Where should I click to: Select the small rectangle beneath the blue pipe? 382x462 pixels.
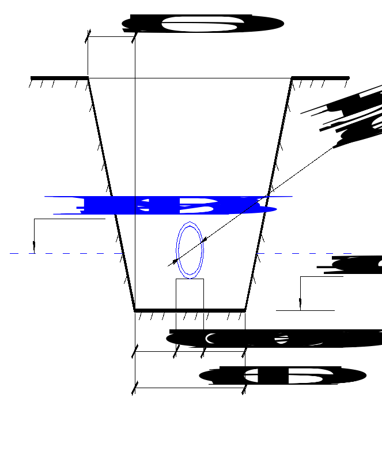[190, 294]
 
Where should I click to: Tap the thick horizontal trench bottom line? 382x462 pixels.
[190, 310]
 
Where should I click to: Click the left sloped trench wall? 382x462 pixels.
[111, 194]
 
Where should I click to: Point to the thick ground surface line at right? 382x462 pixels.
[320, 77]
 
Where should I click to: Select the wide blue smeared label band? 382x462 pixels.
[167, 205]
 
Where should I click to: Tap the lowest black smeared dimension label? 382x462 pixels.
[282, 376]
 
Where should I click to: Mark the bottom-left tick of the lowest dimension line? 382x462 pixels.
[135, 388]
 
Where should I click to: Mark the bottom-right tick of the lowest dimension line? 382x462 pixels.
[245, 388]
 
